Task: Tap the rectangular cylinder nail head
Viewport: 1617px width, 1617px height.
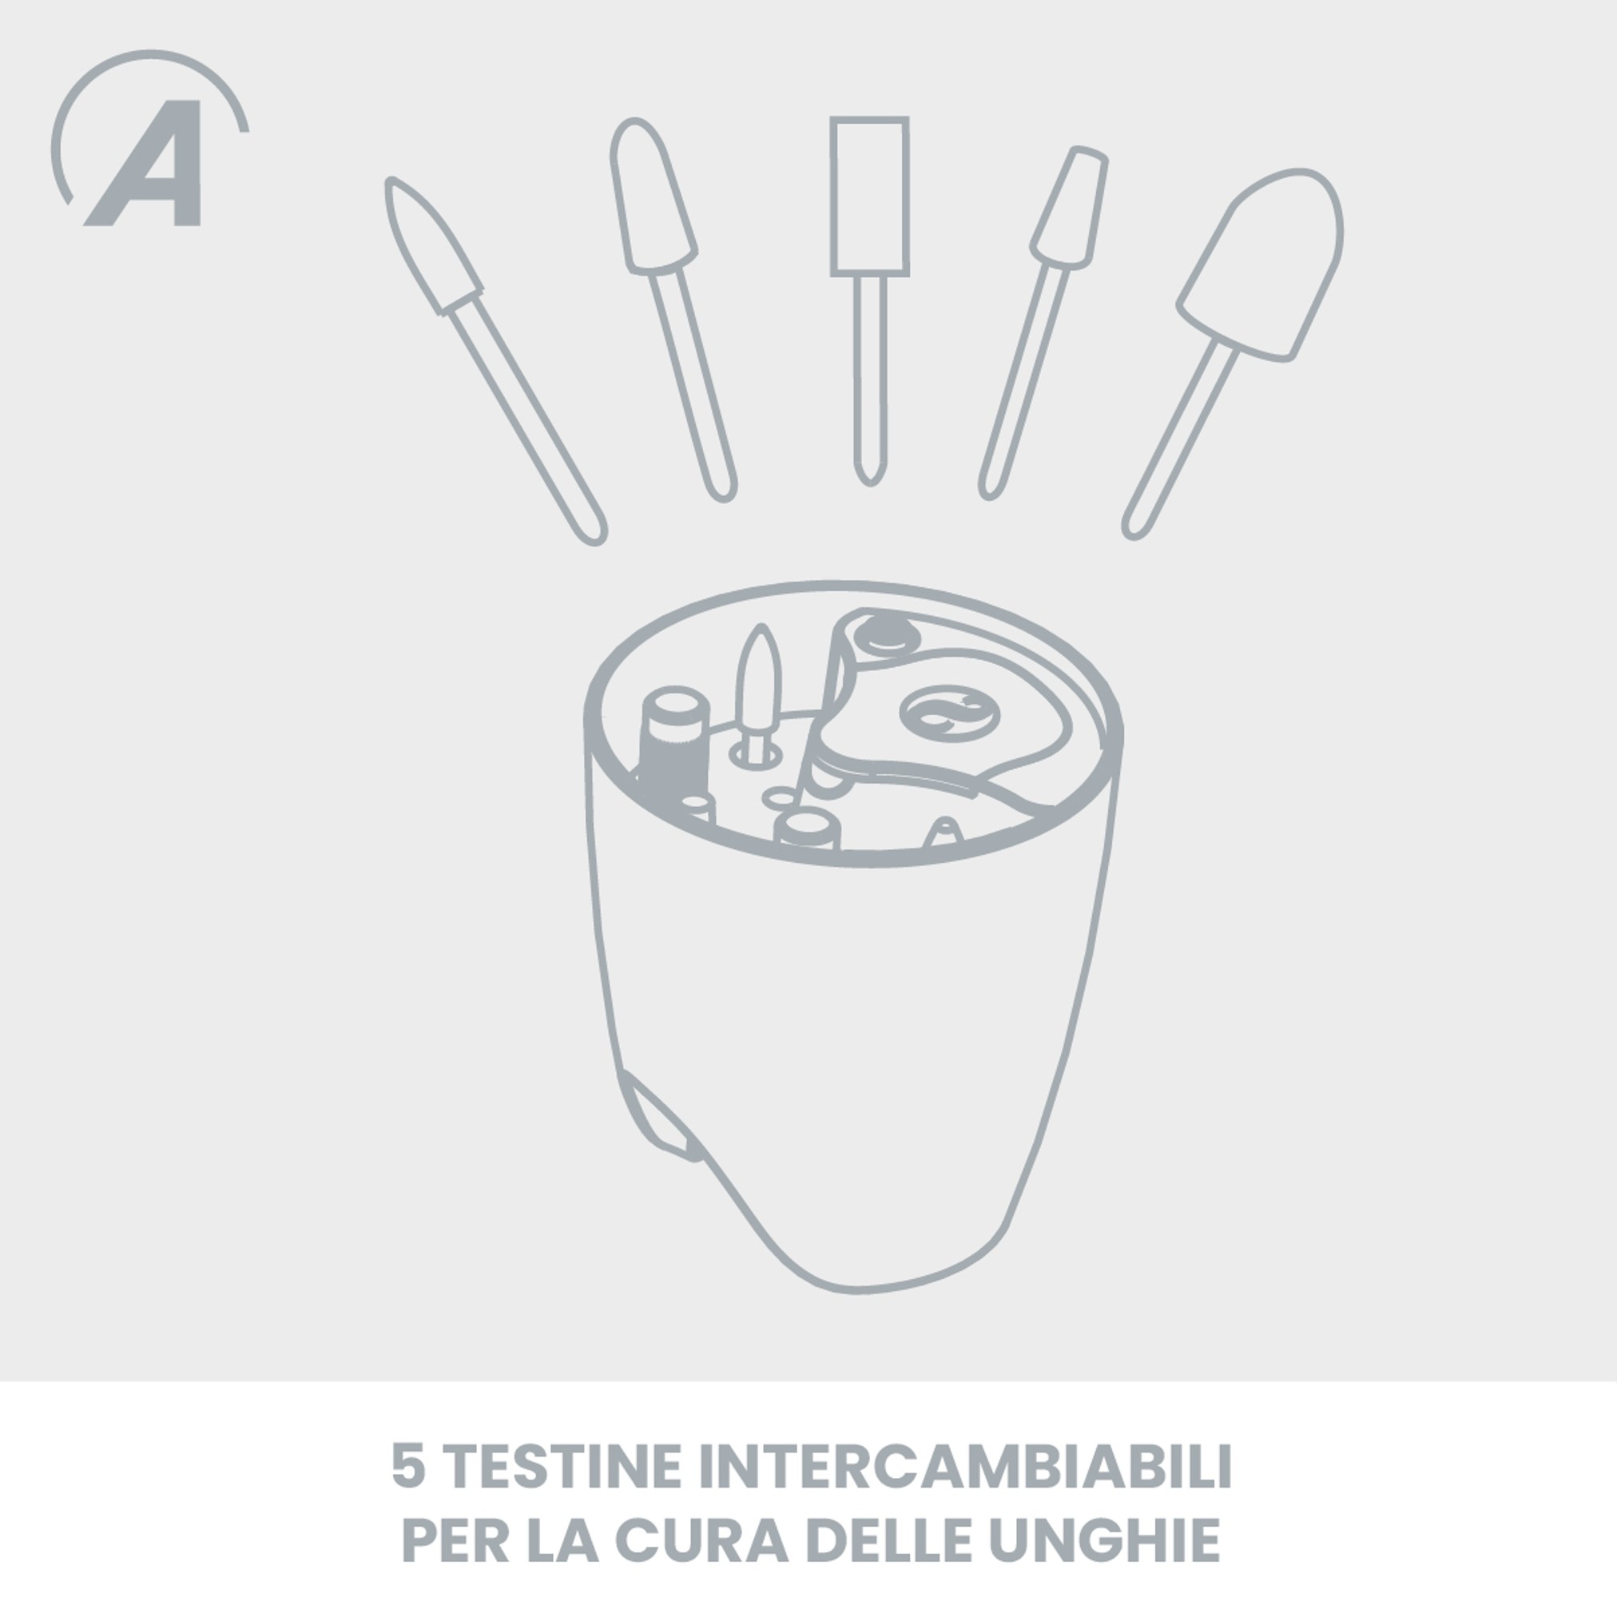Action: point(869,196)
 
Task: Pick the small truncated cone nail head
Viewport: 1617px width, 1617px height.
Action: point(1069,208)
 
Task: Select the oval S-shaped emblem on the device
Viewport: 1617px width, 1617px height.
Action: point(949,714)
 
